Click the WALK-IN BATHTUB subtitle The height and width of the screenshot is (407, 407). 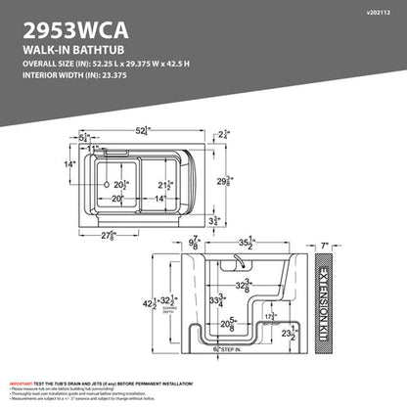click(x=55, y=46)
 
